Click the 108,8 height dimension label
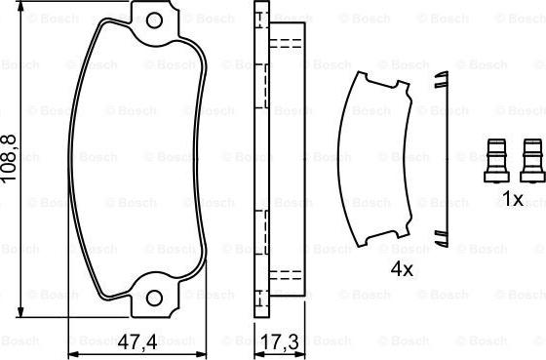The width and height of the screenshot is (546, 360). coord(9,157)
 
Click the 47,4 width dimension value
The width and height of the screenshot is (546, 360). coord(137,342)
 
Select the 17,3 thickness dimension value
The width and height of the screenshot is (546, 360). coord(280,342)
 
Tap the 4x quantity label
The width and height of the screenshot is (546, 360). coord(402,268)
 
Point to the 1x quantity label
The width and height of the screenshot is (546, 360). coord(513,199)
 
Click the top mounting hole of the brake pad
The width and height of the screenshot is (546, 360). coord(154,20)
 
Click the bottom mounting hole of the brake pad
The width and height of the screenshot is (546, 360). coord(154,298)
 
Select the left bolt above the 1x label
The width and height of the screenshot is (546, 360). coord(496,160)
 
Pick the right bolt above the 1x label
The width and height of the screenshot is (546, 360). coord(532,160)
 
